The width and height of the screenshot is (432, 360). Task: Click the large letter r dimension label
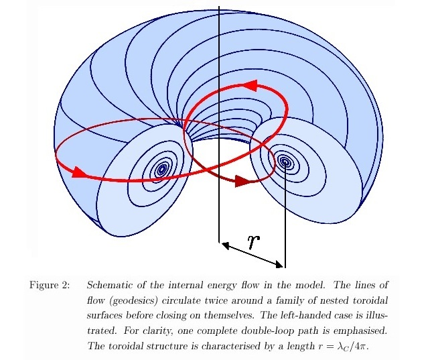253,241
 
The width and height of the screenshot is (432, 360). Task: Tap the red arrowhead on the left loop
78,172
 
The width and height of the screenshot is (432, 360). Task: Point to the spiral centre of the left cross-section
161,170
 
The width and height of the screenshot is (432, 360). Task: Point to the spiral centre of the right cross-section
285,162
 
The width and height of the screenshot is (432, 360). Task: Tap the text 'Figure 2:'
49,286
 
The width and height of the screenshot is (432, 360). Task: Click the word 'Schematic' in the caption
111,286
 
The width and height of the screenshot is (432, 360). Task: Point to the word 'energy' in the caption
232,286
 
